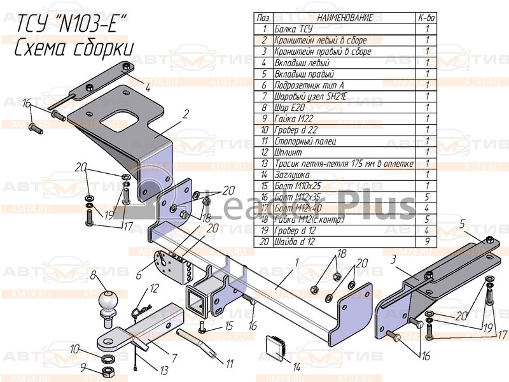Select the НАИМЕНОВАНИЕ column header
tap(344, 18)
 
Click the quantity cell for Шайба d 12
tap(427, 243)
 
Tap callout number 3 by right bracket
tap(394, 259)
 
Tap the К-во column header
tap(427, 18)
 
